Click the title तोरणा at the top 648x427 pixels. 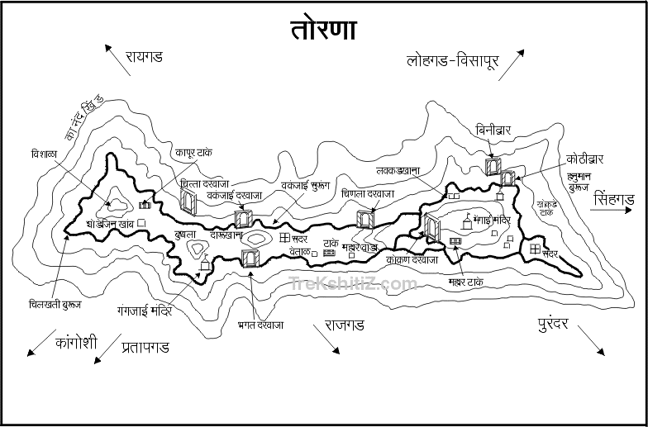click(x=323, y=30)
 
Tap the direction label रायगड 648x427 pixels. click(x=144, y=57)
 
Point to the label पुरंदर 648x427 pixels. click(x=546, y=324)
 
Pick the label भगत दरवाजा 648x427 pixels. click(x=260, y=325)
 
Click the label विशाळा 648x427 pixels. click(x=41, y=153)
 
